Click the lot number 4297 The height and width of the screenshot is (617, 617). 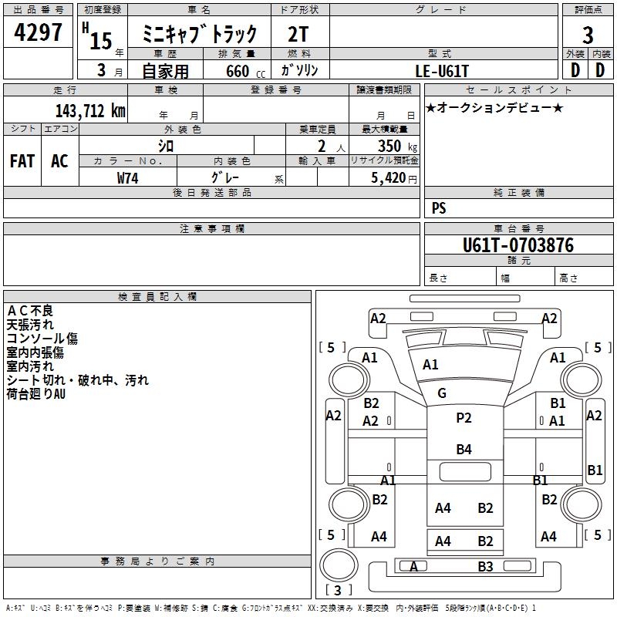click(x=39, y=34)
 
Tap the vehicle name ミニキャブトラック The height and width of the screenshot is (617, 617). click(x=200, y=34)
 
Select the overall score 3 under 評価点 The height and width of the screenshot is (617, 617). click(x=588, y=35)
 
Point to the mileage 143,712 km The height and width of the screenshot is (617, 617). click(x=90, y=110)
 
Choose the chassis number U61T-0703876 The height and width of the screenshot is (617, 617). click(x=518, y=245)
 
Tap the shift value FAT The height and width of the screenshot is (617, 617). click(x=22, y=160)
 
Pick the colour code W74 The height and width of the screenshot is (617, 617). click(x=127, y=177)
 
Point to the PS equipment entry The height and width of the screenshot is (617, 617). click(x=439, y=208)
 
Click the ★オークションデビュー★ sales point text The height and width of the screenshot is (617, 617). click(x=494, y=107)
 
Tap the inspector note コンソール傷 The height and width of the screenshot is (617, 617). click(x=42, y=339)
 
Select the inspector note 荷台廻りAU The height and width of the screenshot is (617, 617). click(x=36, y=394)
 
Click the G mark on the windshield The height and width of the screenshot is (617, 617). click(x=442, y=393)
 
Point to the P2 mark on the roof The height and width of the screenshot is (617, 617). click(x=464, y=418)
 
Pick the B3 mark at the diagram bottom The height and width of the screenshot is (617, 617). click(x=485, y=567)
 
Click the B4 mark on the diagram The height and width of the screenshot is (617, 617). click(x=464, y=449)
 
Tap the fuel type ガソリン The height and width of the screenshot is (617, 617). click(x=299, y=70)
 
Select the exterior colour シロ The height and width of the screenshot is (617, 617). click(x=166, y=146)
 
